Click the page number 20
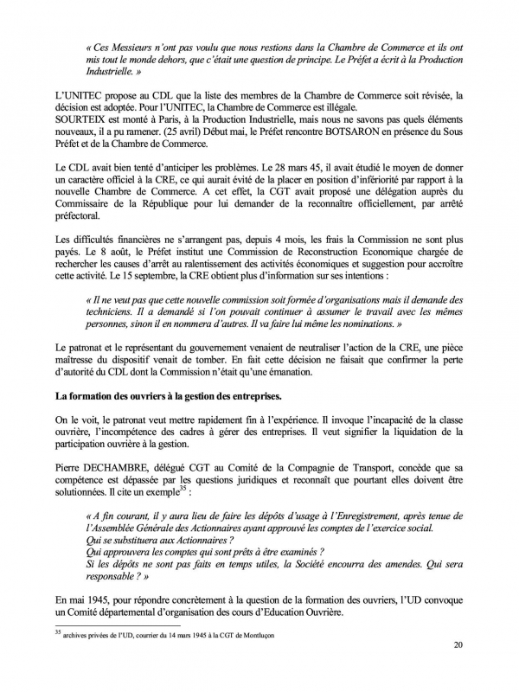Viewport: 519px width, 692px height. tap(458, 668)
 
